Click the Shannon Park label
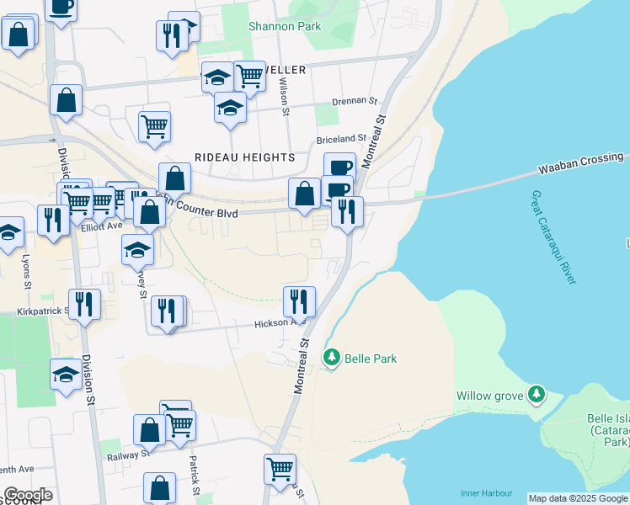click(x=285, y=26)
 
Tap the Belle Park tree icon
click(x=332, y=359)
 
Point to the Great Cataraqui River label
click(x=553, y=236)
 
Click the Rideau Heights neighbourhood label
click(x=244, y=157)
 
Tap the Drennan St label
click(x=354, y=101)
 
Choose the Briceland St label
click(x=341, y=138)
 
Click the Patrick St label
click(x=193, y=476)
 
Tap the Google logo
click(x=28, y=495)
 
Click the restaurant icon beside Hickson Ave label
click(x=298, y=300)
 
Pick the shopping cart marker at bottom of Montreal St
click(x=280, y=467)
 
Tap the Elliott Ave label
click(x=102, y=226)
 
